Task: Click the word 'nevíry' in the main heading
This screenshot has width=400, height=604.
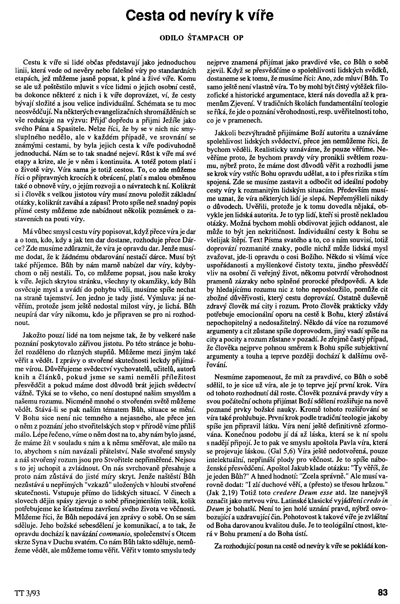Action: coord(207,16)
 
